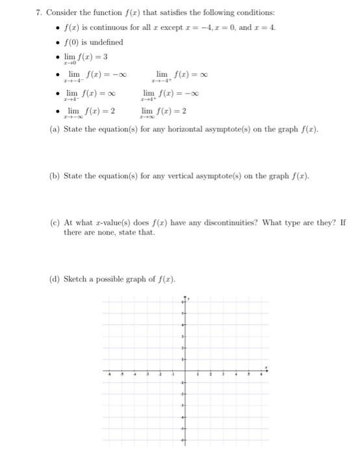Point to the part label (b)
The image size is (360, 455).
pos(55,177)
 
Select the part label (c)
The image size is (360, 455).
pos(55,222)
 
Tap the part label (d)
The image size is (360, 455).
pos(55,279)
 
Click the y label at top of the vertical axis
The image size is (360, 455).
pos(188,299)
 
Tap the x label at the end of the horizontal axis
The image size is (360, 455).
pos(266,367)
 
